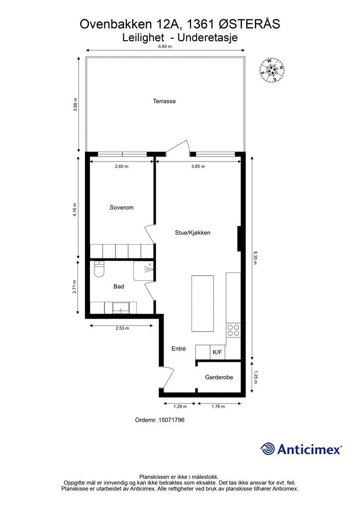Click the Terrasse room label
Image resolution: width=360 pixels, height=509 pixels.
[164, 101]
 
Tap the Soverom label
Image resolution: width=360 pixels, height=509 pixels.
[121, 207]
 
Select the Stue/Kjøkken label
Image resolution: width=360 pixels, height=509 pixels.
[192, 233]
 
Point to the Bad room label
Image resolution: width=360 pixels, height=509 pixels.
[118, 286]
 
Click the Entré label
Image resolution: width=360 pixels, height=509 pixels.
[179, 348]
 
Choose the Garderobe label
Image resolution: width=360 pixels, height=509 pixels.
[219, 377]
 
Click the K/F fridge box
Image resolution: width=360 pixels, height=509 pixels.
[217, 352]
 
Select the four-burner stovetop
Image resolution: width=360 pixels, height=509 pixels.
[233, 330]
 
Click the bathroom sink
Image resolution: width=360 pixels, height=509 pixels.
[121, 307]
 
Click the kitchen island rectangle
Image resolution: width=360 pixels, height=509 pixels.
[202, 303]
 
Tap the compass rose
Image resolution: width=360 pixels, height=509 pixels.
[272, 70]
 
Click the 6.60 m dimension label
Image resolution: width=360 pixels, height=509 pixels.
[165, 46]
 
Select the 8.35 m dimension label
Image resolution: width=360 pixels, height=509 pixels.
[256, 258]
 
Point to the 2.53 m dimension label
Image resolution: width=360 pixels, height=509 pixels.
[122, 328]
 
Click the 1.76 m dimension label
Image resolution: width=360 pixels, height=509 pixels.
[218, 406]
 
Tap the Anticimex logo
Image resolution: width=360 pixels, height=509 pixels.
[301, 449]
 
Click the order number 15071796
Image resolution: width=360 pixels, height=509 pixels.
[172, 420]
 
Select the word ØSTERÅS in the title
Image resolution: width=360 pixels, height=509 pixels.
[250, 24]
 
